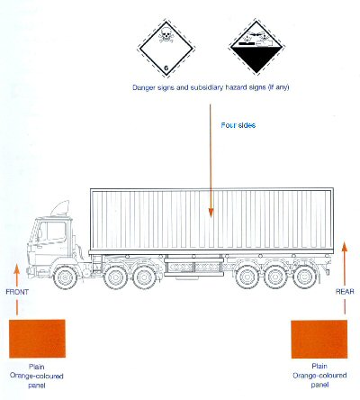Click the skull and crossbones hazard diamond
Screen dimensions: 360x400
click(x=166, y=49)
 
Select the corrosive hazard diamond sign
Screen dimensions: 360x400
click(x=256, y=47)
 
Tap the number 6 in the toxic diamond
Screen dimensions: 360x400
click(x=166, y=68)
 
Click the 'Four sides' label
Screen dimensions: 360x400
click(x=238, y=125)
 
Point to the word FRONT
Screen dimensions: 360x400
click(x=17, y=292)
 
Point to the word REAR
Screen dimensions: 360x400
click(x=345, y=291)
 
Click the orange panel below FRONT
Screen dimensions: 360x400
click(x=37, y=339)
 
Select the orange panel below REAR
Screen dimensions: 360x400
click(x=319, y=339)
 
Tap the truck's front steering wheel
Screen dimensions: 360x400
click(x=65, y=277)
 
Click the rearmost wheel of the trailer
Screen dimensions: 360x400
click(x=304, y=277)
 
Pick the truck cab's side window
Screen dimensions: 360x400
click(x=52, y=232)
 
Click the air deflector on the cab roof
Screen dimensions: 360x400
click(x=60, y=208)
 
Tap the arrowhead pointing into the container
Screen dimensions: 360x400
click(x=211, y=213)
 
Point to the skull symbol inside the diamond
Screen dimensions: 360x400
click(x=166, y=34)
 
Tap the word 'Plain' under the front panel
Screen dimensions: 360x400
click(x=37, y=367)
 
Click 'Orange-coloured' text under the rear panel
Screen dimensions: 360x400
click(x=319, y=376)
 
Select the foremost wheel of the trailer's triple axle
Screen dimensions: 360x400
click(x=247, y=277)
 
